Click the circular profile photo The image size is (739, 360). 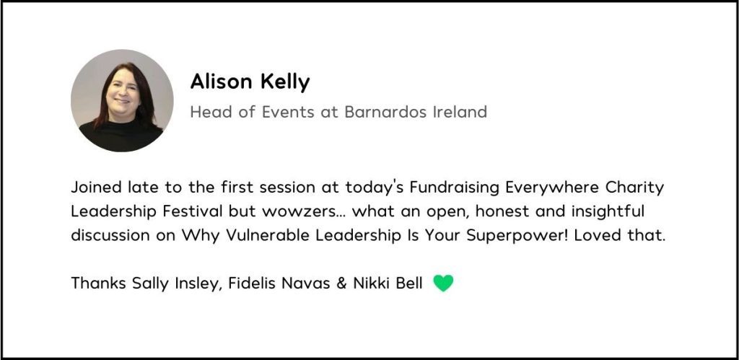(122, 100)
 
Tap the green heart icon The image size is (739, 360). (443, 284)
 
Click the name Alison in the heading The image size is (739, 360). (222, 82)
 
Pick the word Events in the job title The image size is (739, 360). (288, 112)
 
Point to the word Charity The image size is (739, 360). (634, 188)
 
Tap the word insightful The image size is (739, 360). (608, 212)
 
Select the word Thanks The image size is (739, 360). (98, 284)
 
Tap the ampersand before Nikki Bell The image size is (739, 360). (342, 284)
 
